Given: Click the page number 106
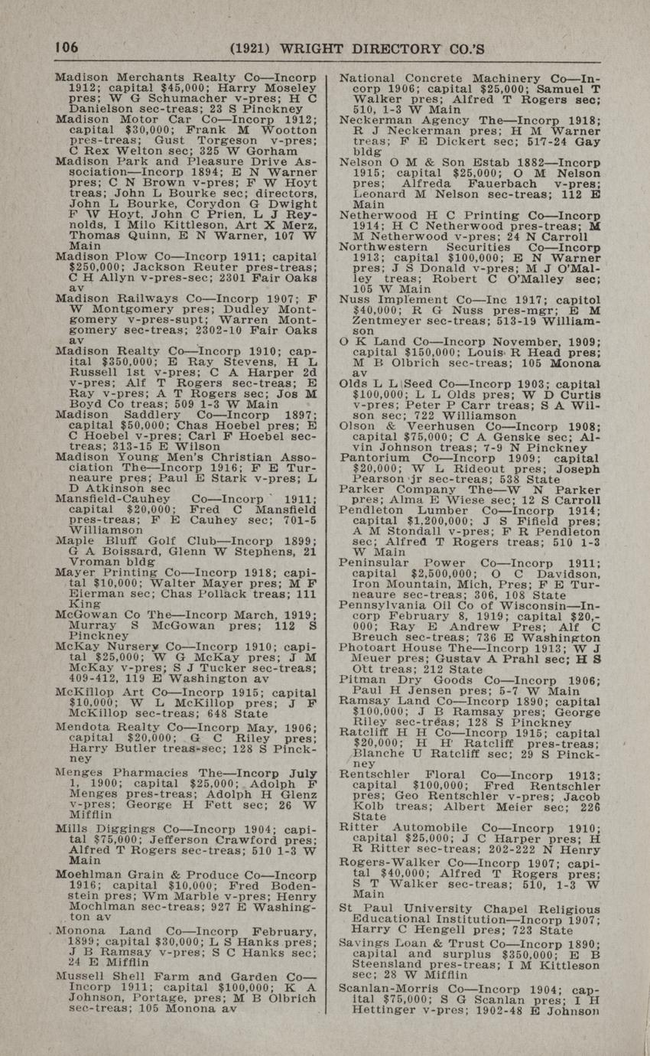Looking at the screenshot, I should tap(66, 47).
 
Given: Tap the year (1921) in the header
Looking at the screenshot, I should tap(252, 50).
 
